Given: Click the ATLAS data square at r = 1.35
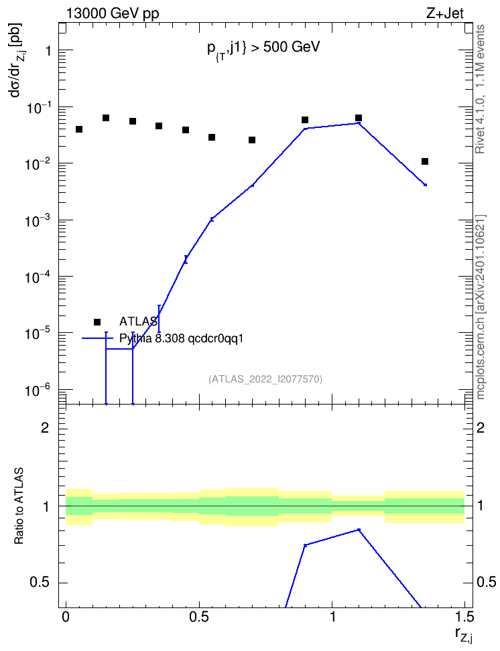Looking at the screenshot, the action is click(x=425, y=161).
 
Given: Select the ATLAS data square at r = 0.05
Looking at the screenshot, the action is click(x=79, y=129).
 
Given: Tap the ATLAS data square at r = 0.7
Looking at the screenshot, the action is click(x=252, y=140).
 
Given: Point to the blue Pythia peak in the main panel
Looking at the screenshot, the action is click(x=359, y=123).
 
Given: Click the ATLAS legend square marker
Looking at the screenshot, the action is click(x=97, y=321).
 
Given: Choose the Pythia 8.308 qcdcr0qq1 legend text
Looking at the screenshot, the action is click(x=181, y=338).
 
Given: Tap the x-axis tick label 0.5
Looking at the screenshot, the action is click(x=199, y=617).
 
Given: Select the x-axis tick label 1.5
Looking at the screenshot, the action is click(x=464, y=617).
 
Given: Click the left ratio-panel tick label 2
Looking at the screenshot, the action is click(x=45, y=428).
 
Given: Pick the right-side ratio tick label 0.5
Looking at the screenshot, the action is click(x=485, y=582).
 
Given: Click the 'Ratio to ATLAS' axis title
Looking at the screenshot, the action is click(x=19, y=506).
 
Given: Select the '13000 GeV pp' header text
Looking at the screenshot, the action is click(x=113, y=13).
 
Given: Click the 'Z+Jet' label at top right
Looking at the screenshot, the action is click(x=444, y=13).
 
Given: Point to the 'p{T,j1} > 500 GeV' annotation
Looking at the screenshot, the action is click(x=263, y=48).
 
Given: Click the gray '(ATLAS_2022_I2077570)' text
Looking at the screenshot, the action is click(x=265, y=379).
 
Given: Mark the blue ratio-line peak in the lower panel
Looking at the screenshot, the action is click(x=359, y=530).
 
